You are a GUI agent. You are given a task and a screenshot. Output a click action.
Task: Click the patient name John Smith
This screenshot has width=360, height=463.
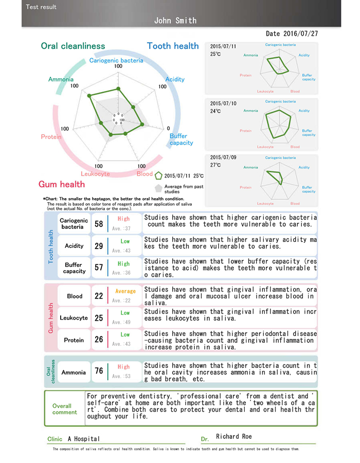[175, 21]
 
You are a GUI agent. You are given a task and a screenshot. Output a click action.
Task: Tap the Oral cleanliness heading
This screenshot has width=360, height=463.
[73, 46]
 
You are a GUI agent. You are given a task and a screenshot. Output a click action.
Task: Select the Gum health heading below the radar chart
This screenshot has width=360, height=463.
[62, 184]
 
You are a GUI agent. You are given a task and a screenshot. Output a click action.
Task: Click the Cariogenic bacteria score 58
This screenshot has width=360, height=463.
[99, 224]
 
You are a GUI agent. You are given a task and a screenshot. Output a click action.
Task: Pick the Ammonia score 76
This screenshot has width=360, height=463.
[99, 371]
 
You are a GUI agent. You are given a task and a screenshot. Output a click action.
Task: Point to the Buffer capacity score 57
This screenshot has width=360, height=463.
[99, 268]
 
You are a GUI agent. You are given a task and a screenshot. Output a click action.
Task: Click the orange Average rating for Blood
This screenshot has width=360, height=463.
[125, 291]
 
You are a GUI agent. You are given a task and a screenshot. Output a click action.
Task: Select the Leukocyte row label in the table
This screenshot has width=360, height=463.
[74, 318]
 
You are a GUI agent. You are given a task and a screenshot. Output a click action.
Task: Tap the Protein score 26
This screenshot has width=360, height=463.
[99, 340]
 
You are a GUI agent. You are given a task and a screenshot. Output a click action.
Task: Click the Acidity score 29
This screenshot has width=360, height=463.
[99, 246]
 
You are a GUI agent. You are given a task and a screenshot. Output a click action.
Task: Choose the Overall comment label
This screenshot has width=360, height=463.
[65, 409]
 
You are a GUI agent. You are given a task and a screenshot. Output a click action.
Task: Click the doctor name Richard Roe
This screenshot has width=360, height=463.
[234, 437]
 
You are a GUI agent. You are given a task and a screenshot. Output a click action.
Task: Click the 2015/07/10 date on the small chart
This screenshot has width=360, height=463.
[223, 103]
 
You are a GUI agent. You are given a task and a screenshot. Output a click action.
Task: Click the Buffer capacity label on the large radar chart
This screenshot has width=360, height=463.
[181, 139]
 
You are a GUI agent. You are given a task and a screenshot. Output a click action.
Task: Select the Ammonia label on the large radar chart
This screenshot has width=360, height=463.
[61, 79]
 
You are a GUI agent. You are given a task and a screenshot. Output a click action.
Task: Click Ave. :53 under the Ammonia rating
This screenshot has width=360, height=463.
[121, 376]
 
